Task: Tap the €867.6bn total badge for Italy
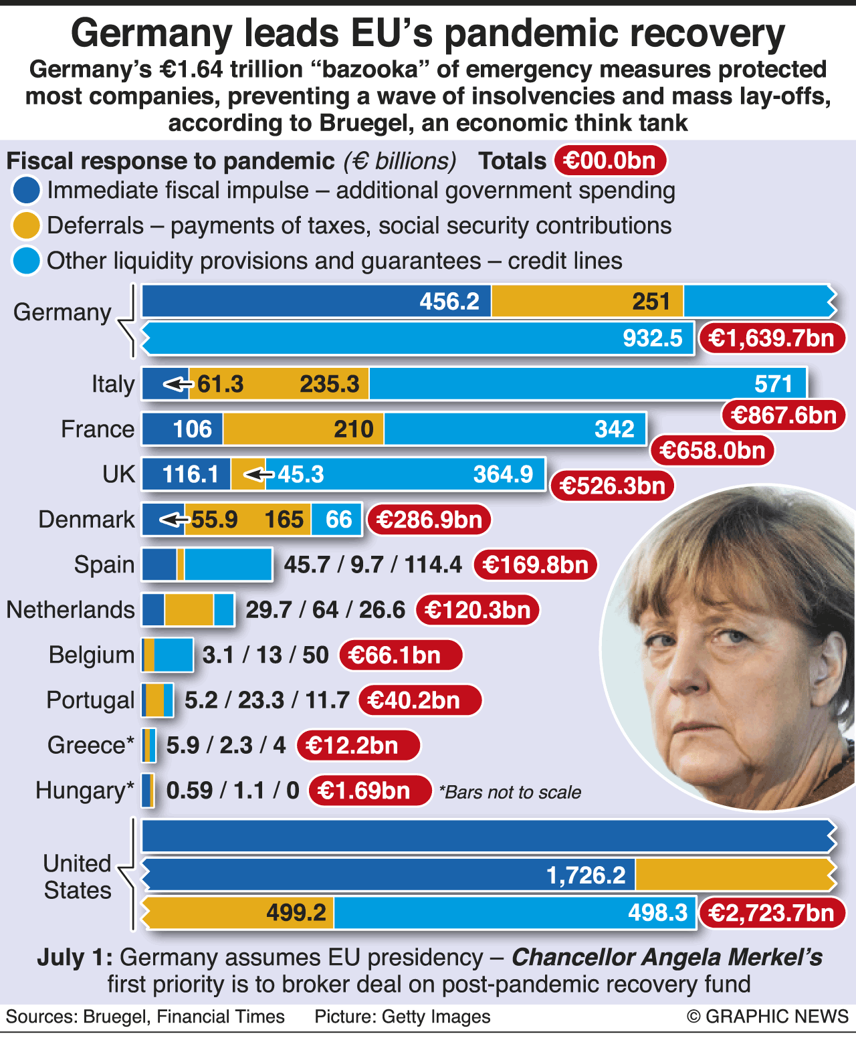783,415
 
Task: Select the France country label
98,429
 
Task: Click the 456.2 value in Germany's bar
449,302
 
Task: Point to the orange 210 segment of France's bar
304,429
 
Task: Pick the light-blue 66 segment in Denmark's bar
337,520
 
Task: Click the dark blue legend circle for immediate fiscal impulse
26,191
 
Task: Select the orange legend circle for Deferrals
26,226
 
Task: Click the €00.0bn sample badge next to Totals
609,161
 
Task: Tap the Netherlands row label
70,610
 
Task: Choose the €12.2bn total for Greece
358,746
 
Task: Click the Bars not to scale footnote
510,793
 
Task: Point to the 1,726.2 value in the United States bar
586,875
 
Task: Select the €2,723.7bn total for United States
771,913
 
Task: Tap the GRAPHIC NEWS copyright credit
767,1017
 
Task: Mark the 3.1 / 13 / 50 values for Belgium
265,655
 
